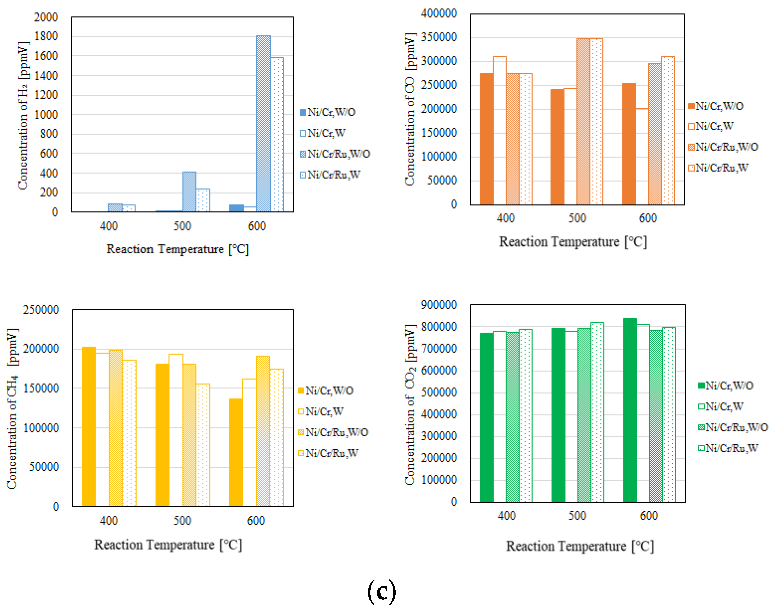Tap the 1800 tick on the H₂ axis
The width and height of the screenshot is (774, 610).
(46, 36)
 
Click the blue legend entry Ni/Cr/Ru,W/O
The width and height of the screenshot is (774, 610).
(335, 154)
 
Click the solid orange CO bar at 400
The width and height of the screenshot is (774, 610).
(487, 139)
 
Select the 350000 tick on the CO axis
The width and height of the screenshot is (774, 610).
(439, 37)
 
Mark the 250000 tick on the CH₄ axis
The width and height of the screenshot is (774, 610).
(41, 310)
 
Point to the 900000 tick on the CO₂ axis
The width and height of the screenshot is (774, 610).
(439, 305)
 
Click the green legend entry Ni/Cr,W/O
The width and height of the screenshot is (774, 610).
(725, 386)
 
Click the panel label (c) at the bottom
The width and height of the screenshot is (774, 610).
(381, 591)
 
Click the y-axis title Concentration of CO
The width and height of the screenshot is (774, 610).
(410, 109)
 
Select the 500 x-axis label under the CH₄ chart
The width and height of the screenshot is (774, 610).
(183, 520)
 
